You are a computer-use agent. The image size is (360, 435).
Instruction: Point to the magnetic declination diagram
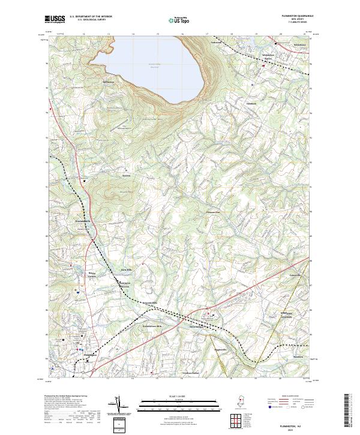point(118,406)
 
